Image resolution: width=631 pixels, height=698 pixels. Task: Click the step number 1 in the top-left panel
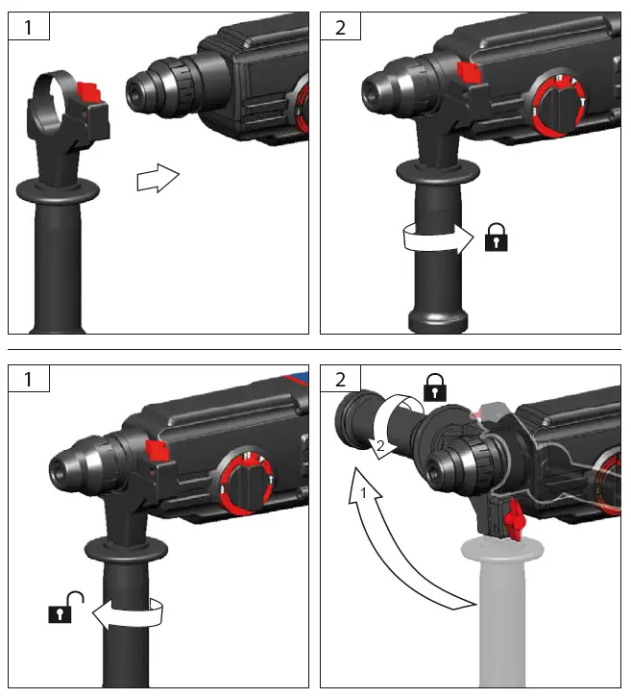tap(28, 27)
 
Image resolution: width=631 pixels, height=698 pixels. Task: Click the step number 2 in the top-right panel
tap(340, 27)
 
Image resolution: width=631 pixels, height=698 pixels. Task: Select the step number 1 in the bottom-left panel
tap(28, 379)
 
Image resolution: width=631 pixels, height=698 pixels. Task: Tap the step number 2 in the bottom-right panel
tap(340, 379)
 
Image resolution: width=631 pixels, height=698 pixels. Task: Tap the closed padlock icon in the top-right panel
tap(497, 237)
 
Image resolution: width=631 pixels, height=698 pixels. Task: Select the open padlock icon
tap(62, 609)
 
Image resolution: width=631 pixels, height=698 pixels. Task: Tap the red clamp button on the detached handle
tap(87, 95)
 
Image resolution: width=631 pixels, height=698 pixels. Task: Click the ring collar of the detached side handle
tap(50, 101)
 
